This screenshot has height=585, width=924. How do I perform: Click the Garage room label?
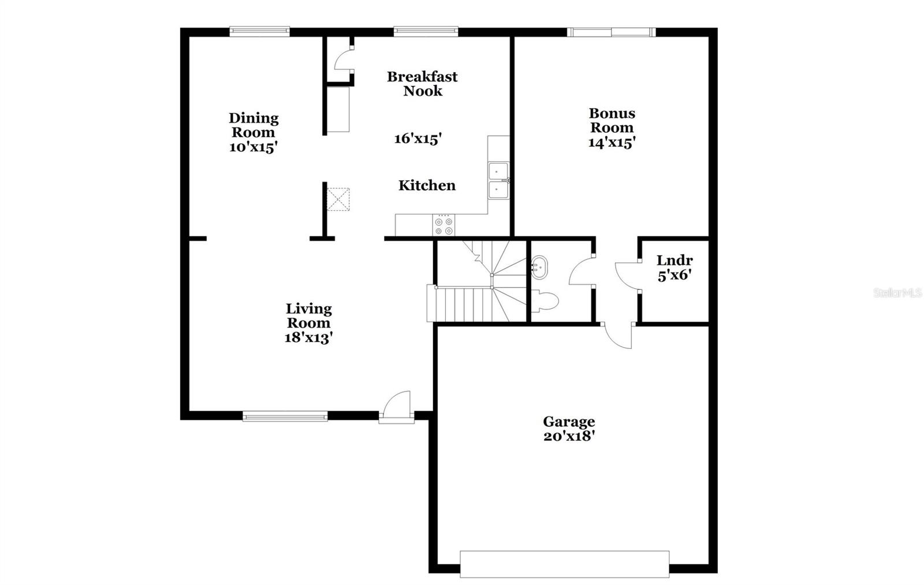point(568,422)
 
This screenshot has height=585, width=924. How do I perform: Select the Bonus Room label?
point(612,120)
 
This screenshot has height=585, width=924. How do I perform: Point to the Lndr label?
point(674,260)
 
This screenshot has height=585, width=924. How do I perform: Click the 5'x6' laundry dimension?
point(674,275)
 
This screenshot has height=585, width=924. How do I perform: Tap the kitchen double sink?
point(498,181)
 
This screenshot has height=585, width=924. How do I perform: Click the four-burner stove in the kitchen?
point(444,225)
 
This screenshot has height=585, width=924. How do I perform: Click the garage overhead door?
point(564,564)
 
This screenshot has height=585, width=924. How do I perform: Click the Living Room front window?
point(285,416)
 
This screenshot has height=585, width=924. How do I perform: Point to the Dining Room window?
point(259,31)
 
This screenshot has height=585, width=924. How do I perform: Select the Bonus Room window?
point(611,32)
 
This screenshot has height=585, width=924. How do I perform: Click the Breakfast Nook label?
point(422,84)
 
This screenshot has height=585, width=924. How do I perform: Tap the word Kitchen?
point(427,185)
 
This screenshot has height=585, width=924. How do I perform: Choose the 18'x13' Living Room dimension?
point(308,338)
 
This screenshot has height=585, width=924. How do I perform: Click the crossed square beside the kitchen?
point(338,199)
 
